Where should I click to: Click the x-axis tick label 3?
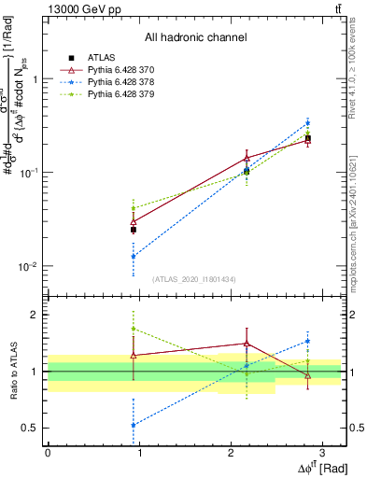(x=321, y=453)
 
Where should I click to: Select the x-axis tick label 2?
(x=230, y=453)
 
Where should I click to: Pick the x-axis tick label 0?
(x=48, y=453)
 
